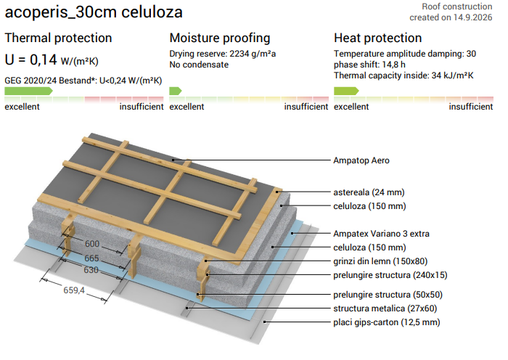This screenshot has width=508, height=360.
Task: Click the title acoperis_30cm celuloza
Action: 94,12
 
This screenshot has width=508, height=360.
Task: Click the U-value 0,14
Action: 44,60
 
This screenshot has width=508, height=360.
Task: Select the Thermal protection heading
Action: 58,38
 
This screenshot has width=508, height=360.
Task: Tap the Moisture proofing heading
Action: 220,38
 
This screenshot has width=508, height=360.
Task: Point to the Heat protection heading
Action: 378,38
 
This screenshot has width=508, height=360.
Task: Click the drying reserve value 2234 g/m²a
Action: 253,54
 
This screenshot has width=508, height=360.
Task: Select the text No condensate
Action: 199,65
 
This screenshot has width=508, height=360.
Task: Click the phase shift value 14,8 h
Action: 393,65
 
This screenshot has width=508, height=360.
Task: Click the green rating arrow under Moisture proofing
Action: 176,91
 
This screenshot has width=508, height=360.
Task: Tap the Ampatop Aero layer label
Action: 361,160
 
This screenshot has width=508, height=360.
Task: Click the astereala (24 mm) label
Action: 369,192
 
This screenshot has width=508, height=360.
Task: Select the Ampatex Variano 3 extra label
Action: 381,234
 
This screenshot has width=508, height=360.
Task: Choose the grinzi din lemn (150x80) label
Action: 380,261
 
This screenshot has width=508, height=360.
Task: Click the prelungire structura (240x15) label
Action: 390,275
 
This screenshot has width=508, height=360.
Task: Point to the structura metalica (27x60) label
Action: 385,308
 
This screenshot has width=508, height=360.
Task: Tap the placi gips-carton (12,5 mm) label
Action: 387,322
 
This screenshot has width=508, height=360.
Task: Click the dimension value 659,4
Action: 74,290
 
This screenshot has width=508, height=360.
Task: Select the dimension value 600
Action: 92,244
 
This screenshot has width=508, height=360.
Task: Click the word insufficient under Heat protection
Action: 471,107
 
